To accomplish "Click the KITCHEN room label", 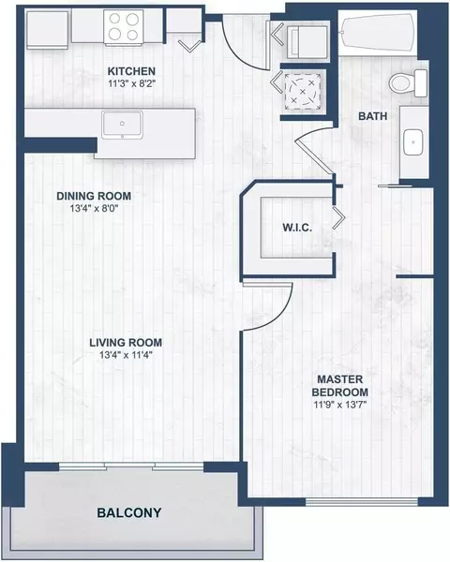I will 131,71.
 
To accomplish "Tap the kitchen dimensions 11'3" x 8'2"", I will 131,83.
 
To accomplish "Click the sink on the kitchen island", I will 123,123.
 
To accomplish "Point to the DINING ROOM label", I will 93,196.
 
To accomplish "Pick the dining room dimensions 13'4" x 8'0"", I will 93,209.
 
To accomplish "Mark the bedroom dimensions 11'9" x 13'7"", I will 339,404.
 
